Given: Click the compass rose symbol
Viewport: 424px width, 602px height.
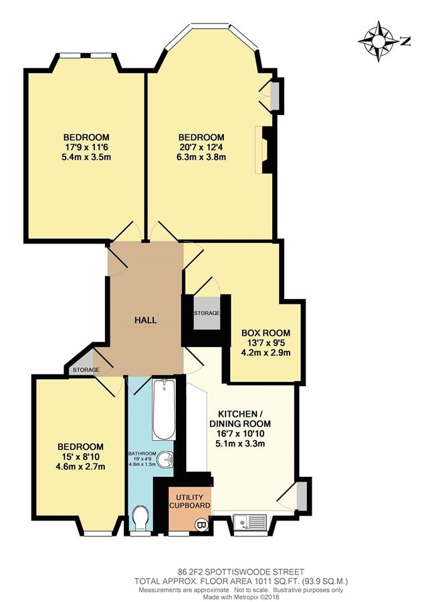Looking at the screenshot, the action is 379,41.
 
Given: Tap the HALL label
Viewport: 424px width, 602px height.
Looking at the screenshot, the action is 145,320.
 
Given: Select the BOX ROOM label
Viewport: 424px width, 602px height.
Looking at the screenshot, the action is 266,333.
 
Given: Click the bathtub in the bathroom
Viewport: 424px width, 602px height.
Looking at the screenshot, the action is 164,409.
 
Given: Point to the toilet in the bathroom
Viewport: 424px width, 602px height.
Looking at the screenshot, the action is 140,518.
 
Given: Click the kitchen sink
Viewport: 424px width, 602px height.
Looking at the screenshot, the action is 251,522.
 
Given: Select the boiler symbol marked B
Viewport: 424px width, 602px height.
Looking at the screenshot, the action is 202,523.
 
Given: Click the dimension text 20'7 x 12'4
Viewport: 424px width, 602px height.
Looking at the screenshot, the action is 201,147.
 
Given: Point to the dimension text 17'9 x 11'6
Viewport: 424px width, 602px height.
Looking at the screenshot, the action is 86,147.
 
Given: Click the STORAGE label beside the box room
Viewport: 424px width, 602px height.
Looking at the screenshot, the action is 207,313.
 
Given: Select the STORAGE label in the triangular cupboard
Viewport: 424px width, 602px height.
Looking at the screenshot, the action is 86,370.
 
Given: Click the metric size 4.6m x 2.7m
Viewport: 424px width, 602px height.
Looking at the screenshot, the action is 80,467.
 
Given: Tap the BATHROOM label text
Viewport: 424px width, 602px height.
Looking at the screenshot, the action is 142,454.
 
